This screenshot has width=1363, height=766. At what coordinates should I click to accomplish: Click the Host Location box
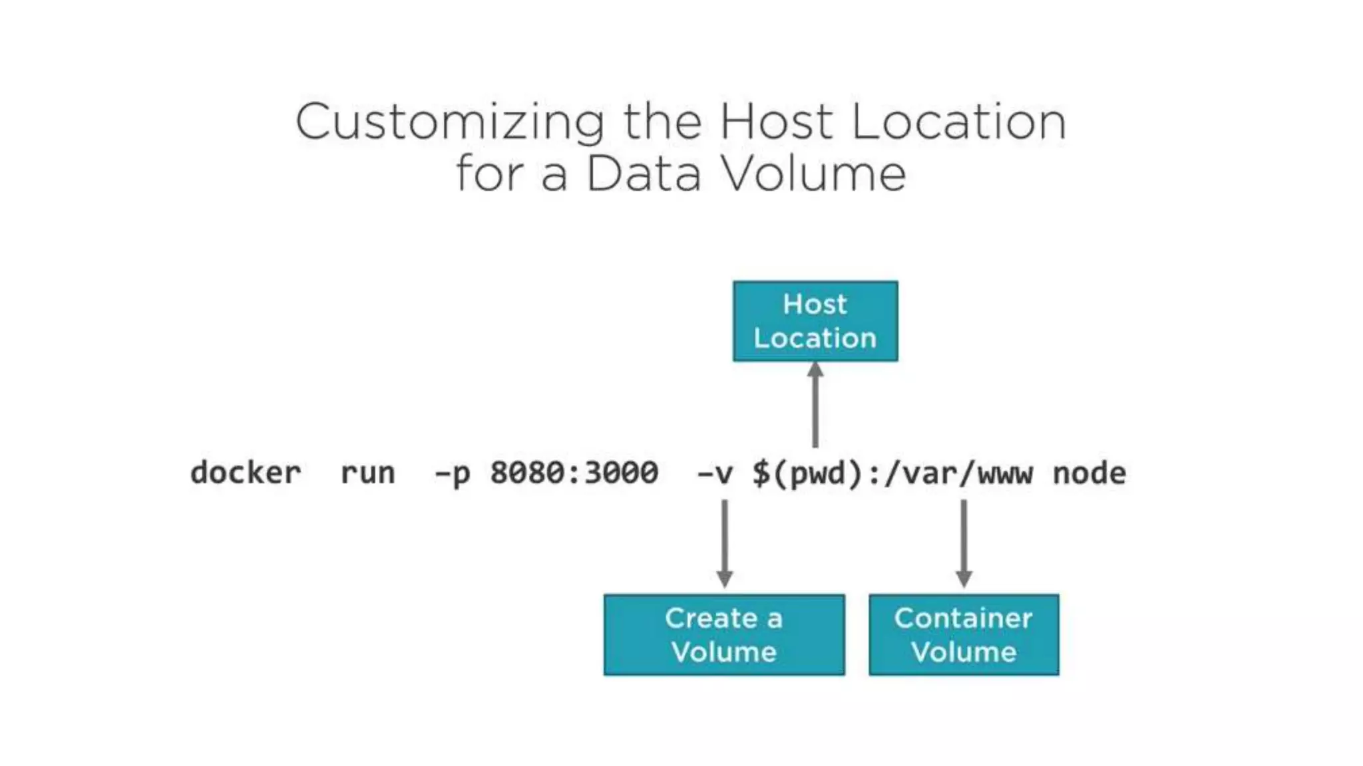(x=815, y=321)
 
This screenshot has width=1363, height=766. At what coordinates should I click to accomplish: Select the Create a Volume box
(x=724, y=635)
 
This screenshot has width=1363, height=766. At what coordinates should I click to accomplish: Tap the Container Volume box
(x=964, y=635)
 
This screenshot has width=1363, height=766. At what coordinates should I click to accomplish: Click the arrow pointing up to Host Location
(x=815, y=406)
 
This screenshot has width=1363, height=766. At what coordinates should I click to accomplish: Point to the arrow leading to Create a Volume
(x=725, y=543)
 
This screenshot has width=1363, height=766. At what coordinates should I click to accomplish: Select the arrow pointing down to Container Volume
(x=964, y=543)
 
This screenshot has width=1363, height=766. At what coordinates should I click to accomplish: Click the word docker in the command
(x=246, y=473)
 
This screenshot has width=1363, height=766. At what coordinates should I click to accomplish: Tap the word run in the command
(x=367, y=473)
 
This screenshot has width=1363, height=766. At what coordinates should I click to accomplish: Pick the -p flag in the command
(x=453, y=473)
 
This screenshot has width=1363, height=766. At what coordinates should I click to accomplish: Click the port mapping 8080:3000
(x=574, y=473)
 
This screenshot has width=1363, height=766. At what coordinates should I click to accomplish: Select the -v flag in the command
(x=714, y=473)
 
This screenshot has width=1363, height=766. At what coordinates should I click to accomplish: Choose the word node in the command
(x=1089, y=473)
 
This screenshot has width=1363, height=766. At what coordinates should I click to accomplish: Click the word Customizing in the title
(x=450, y=122)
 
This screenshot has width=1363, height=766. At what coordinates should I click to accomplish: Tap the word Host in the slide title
(x=775, y=122)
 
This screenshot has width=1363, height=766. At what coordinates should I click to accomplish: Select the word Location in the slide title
(x=958, y=122)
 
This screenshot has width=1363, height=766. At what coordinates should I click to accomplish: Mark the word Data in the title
(x=644, y=174)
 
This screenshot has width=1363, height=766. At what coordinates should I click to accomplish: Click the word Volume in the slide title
(x=813, y=174)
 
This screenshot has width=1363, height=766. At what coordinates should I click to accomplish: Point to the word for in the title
(x=490, y=174)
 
